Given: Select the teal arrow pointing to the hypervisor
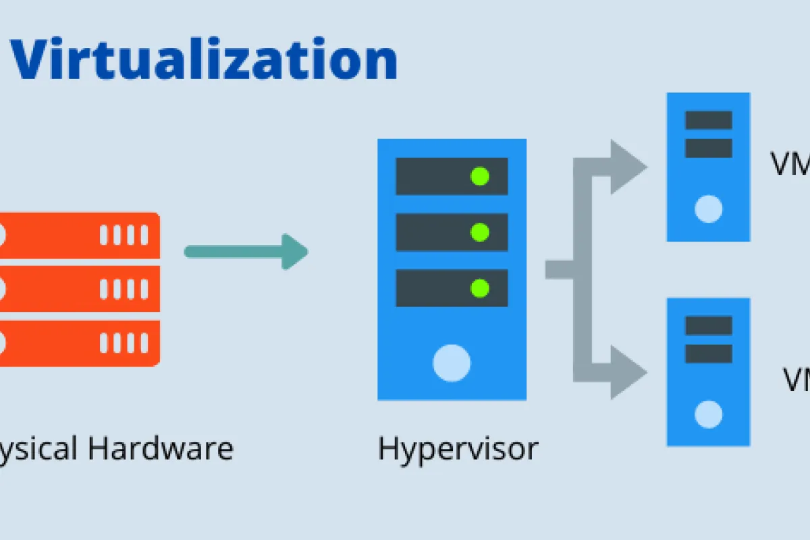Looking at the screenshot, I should point(246,252).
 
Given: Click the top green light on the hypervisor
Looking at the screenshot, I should point(480,177).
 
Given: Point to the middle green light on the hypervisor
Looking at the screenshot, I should point(480,232).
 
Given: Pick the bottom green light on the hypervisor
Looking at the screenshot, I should point(480,288).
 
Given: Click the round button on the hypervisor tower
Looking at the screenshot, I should point(452,362).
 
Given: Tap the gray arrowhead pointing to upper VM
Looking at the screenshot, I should point(628,167).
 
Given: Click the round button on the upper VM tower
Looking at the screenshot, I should point(708,209).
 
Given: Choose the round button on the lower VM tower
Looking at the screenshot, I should point(708,414).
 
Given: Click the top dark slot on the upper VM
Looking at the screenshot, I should point(708,120).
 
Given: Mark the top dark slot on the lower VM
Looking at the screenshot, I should point(708,326).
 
